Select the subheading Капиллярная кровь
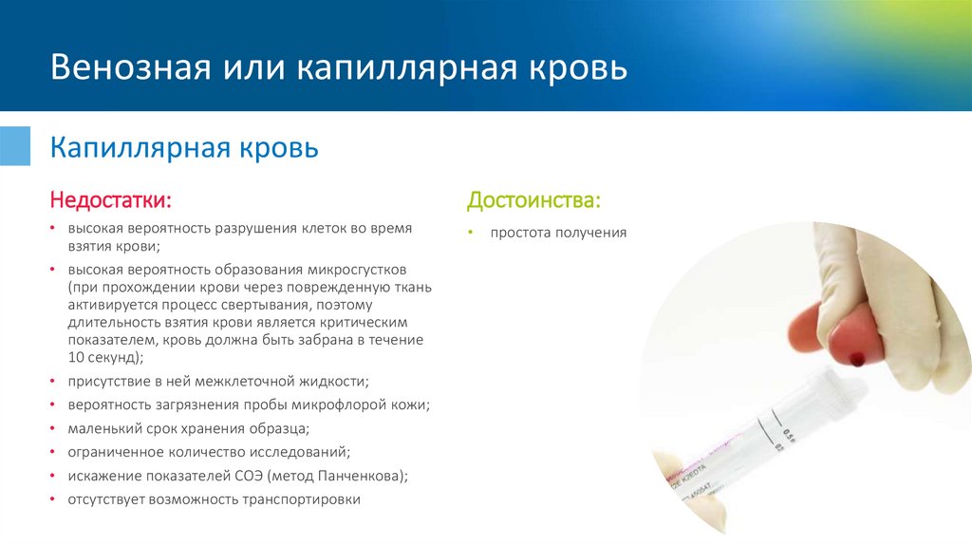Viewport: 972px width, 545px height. [184, 149]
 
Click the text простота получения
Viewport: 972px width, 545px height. [558, 233]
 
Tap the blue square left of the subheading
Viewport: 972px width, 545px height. [14, 143]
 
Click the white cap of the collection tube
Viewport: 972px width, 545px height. [832, 385]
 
